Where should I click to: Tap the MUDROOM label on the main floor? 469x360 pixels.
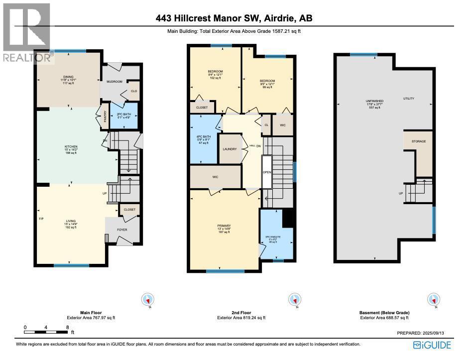point(114,81)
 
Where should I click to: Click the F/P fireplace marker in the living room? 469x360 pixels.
point(41,219)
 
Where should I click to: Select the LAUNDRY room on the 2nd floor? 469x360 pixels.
point(230,149)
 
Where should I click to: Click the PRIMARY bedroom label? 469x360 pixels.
point(224,225)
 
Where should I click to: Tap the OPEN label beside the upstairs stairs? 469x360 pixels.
point(267,172)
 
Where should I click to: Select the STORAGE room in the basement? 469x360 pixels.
point(419,142)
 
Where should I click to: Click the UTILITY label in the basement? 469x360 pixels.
point(408,99)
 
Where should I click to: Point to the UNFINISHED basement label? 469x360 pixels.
point(374,101)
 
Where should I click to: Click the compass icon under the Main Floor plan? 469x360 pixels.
point(148,300)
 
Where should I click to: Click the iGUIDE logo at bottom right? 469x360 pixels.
point(432,345)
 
